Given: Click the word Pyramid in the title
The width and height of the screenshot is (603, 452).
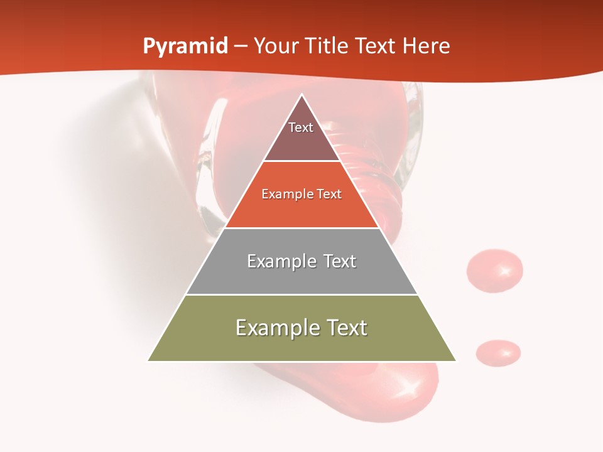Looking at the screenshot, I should tap(185, 46).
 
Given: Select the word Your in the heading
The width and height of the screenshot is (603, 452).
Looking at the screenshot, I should tap(276, 46).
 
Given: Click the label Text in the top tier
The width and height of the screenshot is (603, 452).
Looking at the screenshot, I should tap(301, 127).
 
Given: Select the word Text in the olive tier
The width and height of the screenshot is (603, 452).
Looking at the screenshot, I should tap(346, 328).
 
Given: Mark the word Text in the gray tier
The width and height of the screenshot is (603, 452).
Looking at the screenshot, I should tap(339, 261).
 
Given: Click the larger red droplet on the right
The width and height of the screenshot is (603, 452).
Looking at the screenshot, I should tap(494, 271).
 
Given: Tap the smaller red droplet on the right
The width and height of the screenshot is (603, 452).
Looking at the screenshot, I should tap(498, 352).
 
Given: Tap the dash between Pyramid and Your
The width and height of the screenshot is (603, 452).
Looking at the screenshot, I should tap(241, 46).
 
